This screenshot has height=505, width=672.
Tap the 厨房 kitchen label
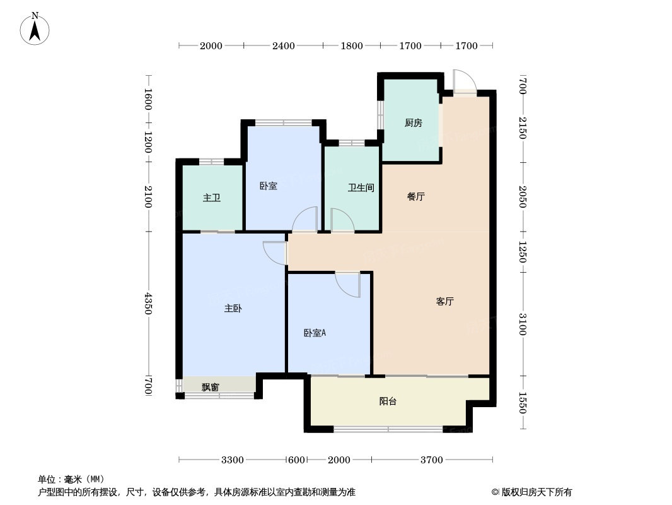click(413, 123)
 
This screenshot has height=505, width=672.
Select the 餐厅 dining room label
click(415, 196)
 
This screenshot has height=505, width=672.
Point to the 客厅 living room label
click(444, 302)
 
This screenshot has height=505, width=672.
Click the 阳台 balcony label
click(388, 401)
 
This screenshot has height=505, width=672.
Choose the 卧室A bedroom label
click(315, 333)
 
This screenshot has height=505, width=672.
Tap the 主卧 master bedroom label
click(233, 309)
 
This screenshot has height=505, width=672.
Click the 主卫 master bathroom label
click(211, 198)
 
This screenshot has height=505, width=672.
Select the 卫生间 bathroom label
click(361, 188)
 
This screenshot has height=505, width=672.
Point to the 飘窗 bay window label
click(210, 387)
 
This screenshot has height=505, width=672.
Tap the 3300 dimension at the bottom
click(233, 460)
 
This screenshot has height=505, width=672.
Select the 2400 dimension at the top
click(284, 45)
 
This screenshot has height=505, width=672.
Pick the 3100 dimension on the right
click(523, 324)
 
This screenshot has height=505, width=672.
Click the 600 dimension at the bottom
click(296, 460)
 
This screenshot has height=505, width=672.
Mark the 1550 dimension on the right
click(523, 402)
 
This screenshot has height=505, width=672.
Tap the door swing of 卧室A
click(348, 284)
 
